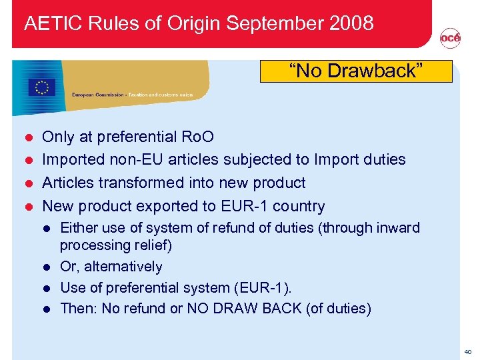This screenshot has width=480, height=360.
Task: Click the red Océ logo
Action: point(450,40)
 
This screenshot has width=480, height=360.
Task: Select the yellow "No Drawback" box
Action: point(356,71)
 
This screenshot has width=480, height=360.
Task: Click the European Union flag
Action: point(42,87)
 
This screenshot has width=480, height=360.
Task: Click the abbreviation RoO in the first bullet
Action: point(199,137)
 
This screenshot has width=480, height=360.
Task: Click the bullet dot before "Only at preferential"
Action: point(28,137)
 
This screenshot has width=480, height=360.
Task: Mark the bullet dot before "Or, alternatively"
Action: point(48,267)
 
